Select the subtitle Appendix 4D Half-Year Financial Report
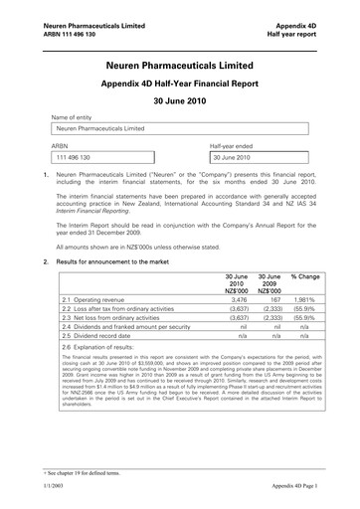180,84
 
